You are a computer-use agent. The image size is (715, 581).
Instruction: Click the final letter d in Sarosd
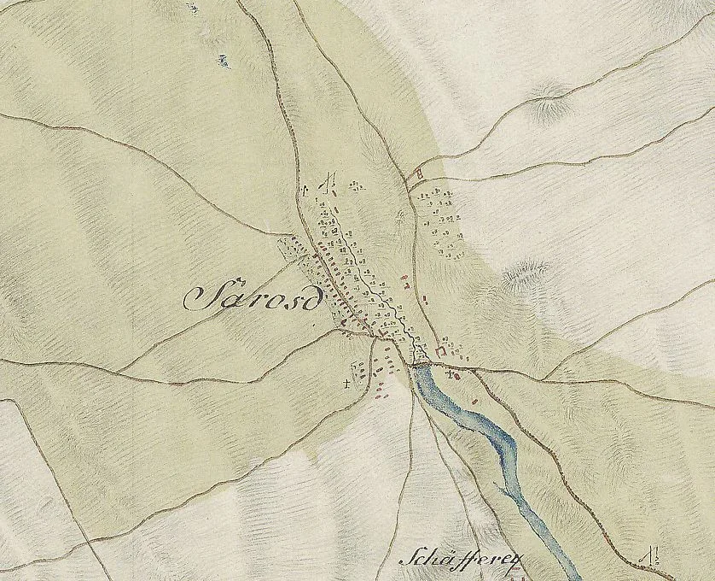tap(313, 296)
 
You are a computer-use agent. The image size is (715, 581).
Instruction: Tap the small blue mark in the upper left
tap(224, 60)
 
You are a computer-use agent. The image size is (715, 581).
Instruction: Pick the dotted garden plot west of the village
tap(294, 250)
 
